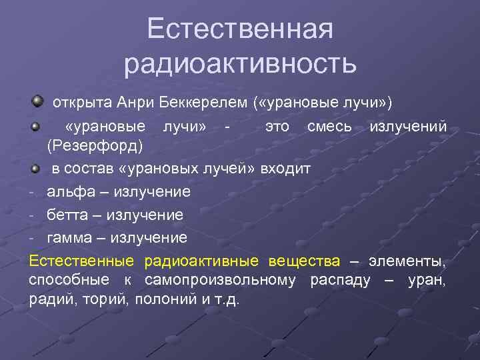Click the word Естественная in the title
coord(240,29)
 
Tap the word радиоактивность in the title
coord(240,64)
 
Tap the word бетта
coord(67,215)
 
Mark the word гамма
coord(69,237)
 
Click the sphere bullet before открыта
coord(37,101)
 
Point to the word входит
coord(287,168)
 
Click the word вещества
coord(304,260)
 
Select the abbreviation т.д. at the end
coord(227,299)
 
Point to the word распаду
coord(340,280)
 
